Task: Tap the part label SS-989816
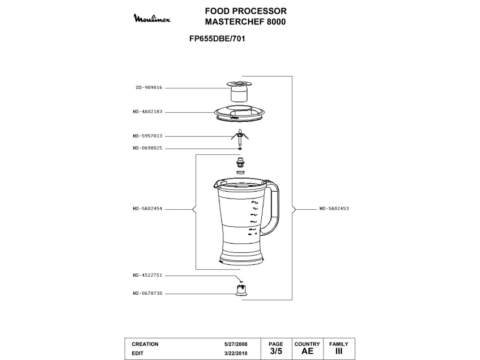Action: [149, 88]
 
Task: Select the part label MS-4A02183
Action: [148, 112]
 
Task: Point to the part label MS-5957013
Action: [148, 136]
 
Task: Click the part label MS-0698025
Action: [148, 148]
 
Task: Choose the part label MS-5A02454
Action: [148, 209]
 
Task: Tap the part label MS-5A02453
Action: [334, 209]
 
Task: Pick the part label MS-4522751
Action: [148, 275]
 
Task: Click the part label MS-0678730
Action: [148, 293]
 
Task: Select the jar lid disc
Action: [241, 113]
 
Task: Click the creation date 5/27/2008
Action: [236, 344]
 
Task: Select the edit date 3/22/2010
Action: [236, 353]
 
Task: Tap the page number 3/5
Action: [276, 351]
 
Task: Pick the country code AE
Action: [307, 351]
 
